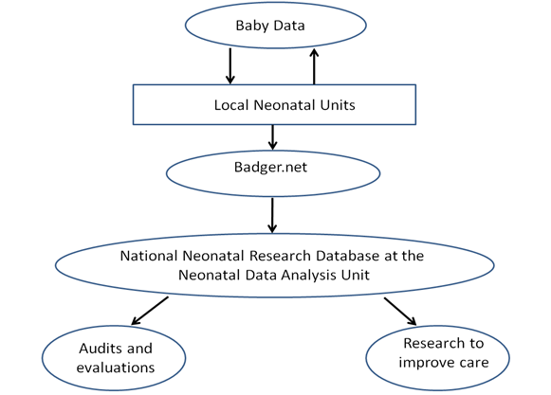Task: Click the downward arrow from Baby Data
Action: tap(230, 66)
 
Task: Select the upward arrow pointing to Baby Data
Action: tap(314, 66)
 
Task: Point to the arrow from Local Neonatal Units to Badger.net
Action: tap(273, 137)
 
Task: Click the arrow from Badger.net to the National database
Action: tap(272, 215)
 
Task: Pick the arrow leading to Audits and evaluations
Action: tap(150, 311)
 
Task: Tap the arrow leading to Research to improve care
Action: tap(400, 312)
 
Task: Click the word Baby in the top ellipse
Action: tap(252, 26)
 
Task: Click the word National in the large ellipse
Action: tap(149, 256)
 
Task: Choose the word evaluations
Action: tap(116, 368)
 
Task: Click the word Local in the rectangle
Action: tap(231, 105)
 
